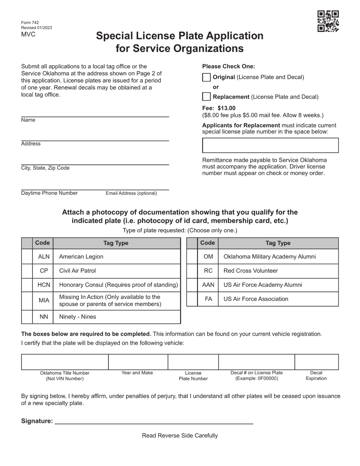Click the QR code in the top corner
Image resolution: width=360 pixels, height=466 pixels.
328,21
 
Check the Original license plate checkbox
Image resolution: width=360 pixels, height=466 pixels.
206,77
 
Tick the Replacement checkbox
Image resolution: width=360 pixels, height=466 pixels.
206,97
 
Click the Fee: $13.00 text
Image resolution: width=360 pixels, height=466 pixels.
219,108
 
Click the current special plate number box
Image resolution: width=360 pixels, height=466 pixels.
270,145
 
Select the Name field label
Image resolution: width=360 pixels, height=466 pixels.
28,120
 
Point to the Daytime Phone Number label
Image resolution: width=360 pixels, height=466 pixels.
49,193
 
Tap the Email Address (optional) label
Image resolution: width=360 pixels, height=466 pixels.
131,193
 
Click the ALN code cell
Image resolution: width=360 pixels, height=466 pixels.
44,256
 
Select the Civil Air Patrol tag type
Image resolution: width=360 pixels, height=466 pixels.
78,271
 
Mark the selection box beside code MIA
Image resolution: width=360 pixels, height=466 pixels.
27,300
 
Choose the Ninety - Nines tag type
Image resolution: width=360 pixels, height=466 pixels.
78,317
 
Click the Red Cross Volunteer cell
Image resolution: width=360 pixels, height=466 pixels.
250,271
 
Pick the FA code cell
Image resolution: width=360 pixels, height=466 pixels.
208,299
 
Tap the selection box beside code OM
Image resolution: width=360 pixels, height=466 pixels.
192,256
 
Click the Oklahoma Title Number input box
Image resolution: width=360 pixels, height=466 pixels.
65,362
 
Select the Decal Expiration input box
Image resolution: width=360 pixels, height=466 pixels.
316,362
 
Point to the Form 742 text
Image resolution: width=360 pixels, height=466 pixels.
30,23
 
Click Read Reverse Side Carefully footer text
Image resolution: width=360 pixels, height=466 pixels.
180,436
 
